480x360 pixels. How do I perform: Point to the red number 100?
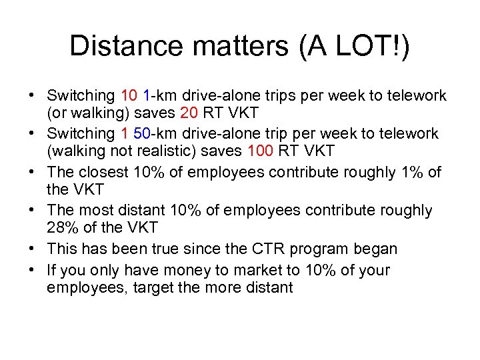pyautogui.click(x=260, y=152)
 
